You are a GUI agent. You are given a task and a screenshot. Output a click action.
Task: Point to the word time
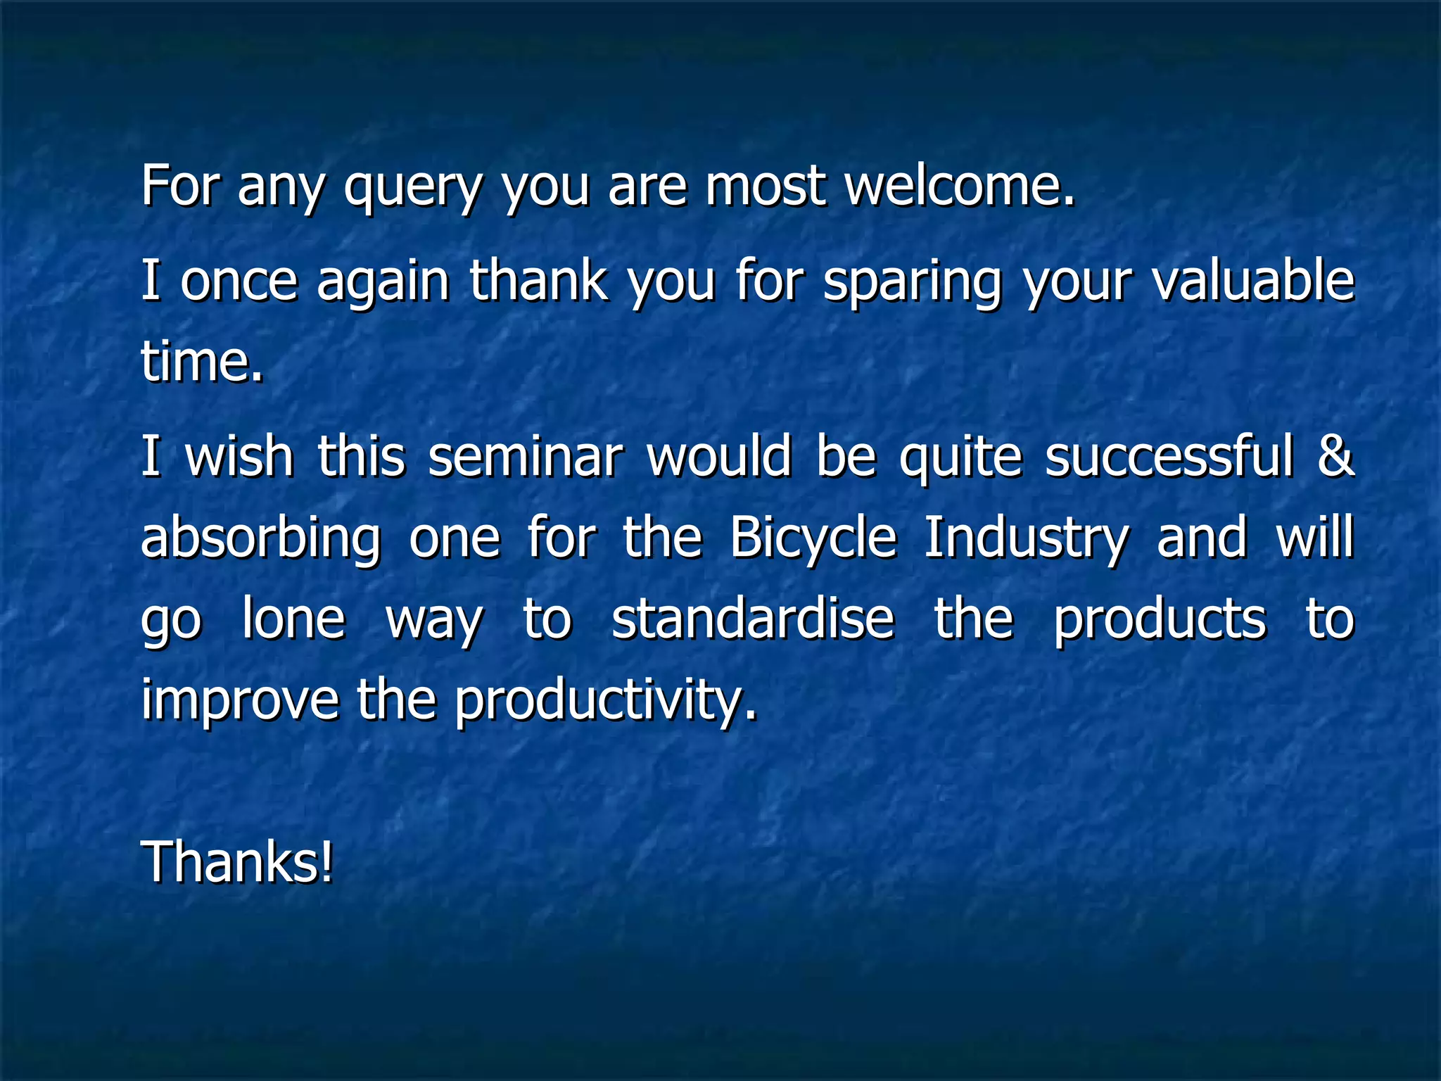pos(202,360)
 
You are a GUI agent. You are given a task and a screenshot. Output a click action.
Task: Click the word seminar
pos(526,456)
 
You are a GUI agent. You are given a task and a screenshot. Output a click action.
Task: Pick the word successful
pos(1169,456)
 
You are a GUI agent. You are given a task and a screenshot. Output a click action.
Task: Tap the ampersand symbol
pos(1335,456)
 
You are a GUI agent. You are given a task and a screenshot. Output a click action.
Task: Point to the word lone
pos(293,619)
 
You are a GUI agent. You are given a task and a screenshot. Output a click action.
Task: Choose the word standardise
pos(753,619)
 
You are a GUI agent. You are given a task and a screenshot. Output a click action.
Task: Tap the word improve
pos(240,701)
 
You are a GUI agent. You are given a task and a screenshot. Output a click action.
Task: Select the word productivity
pos(606,701)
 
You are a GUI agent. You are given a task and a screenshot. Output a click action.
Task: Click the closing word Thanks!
pos(237,862)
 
